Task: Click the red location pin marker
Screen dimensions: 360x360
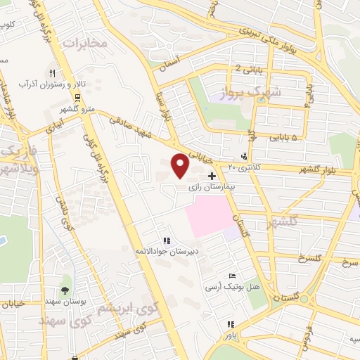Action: [x=181, y=165]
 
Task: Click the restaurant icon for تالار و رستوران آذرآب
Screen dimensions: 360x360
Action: [x=51, y=72]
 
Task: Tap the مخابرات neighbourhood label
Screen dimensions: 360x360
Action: [x=85, y=44]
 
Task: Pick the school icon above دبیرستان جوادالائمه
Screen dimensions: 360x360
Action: [x=166, y=240]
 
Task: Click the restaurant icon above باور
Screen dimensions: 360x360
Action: [x=230, y=325]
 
